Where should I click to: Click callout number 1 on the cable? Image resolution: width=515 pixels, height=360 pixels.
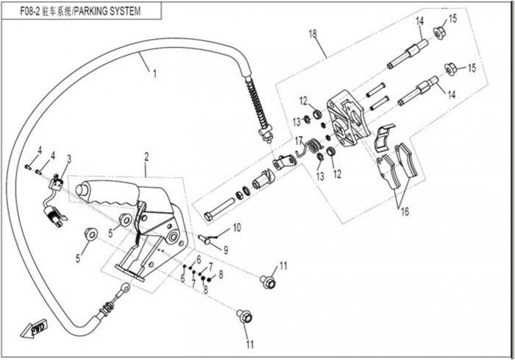click(154, 73)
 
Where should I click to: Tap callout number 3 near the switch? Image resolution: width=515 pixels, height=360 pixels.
click(69, 158)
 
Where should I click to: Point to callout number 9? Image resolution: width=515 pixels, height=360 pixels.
click(226, 249)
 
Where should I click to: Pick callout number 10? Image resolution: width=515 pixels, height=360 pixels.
click(237, 227)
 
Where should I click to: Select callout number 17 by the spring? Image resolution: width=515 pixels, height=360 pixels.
click(299, 141)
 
